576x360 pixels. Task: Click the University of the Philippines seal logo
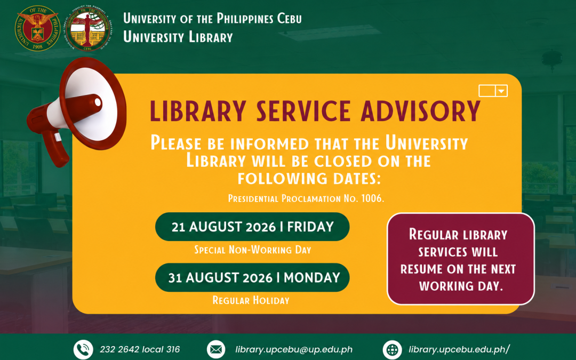click(37, 28)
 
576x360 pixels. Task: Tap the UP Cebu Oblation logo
click(89, 28)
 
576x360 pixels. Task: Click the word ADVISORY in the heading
click(421, 110)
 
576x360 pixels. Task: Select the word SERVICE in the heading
click(303, 110)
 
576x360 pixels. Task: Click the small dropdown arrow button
click(501, 91)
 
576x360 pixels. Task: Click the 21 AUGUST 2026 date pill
click(252, 227)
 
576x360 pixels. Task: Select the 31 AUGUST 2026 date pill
click(252, 277)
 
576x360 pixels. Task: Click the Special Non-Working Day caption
click(253, 250)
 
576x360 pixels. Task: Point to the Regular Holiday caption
click(251, 300)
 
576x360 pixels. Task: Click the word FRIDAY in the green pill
click(310, 227)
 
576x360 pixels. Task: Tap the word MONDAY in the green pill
click(312, 277)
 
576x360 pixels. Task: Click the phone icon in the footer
click(83, 349)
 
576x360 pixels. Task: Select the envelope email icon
click(217, 349)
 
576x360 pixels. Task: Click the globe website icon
click(392, 349)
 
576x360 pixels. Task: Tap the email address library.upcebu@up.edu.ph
click(294, 349)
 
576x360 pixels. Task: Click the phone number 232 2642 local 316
click(140, 349)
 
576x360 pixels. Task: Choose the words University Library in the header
click(178, 37)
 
